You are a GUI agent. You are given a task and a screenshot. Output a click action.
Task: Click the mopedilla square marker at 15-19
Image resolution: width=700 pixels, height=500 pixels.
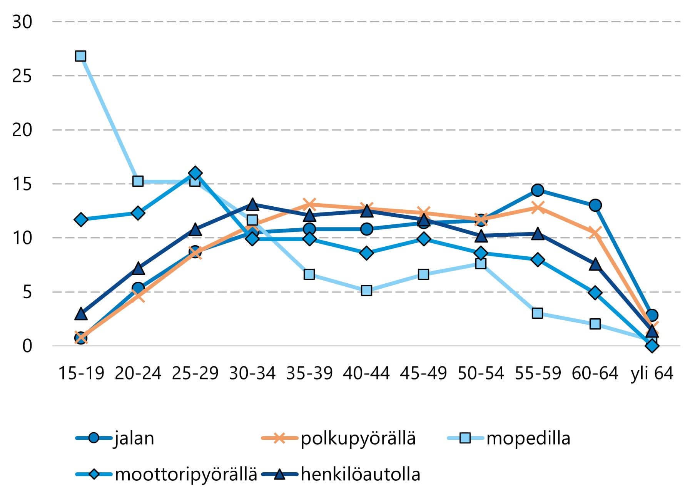(x=80, y=56)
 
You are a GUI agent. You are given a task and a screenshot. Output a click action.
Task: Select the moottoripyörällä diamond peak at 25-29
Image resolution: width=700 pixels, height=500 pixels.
(x=195, y=173)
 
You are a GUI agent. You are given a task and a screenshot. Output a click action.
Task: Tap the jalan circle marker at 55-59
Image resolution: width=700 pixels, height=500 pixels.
(x=538, y=190)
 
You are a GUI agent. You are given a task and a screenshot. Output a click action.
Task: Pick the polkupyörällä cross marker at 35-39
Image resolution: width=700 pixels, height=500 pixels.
(x=309, y=204)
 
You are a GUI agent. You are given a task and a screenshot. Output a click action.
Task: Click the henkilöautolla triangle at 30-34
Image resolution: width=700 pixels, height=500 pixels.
(x=252, y=204)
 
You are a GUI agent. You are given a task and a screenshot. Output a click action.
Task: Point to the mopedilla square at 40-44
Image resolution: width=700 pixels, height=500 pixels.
(x=366, y=290)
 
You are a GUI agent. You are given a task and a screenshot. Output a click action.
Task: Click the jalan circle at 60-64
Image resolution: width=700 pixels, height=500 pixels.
(x=595, y=205)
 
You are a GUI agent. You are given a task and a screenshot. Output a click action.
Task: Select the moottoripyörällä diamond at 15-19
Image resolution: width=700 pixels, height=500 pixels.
(x=81, y=220)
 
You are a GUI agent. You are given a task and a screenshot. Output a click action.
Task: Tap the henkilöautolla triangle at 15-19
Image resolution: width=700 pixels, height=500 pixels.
(x=81, y=314)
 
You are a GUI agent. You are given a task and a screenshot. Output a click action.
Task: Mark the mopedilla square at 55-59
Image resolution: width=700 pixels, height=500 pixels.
(x=538, y=313)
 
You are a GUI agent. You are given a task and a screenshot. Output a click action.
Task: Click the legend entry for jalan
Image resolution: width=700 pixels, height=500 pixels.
(x=134, y=438)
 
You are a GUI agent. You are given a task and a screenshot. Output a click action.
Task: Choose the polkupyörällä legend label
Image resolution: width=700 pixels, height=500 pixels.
(x=358, y=438)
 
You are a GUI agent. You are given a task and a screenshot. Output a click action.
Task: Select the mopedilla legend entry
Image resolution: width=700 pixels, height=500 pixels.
(x=528, y=438)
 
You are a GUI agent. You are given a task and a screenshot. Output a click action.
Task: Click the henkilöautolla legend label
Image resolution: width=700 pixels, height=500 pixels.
(x=360, y=474)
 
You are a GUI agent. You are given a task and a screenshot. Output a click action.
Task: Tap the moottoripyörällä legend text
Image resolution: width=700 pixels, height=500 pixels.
(x=186, y=474)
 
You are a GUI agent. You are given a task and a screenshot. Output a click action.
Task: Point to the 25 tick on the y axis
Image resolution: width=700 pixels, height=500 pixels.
(x=22, y=76)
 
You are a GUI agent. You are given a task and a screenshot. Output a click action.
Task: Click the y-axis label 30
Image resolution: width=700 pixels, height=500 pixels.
(x=22, y=22)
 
